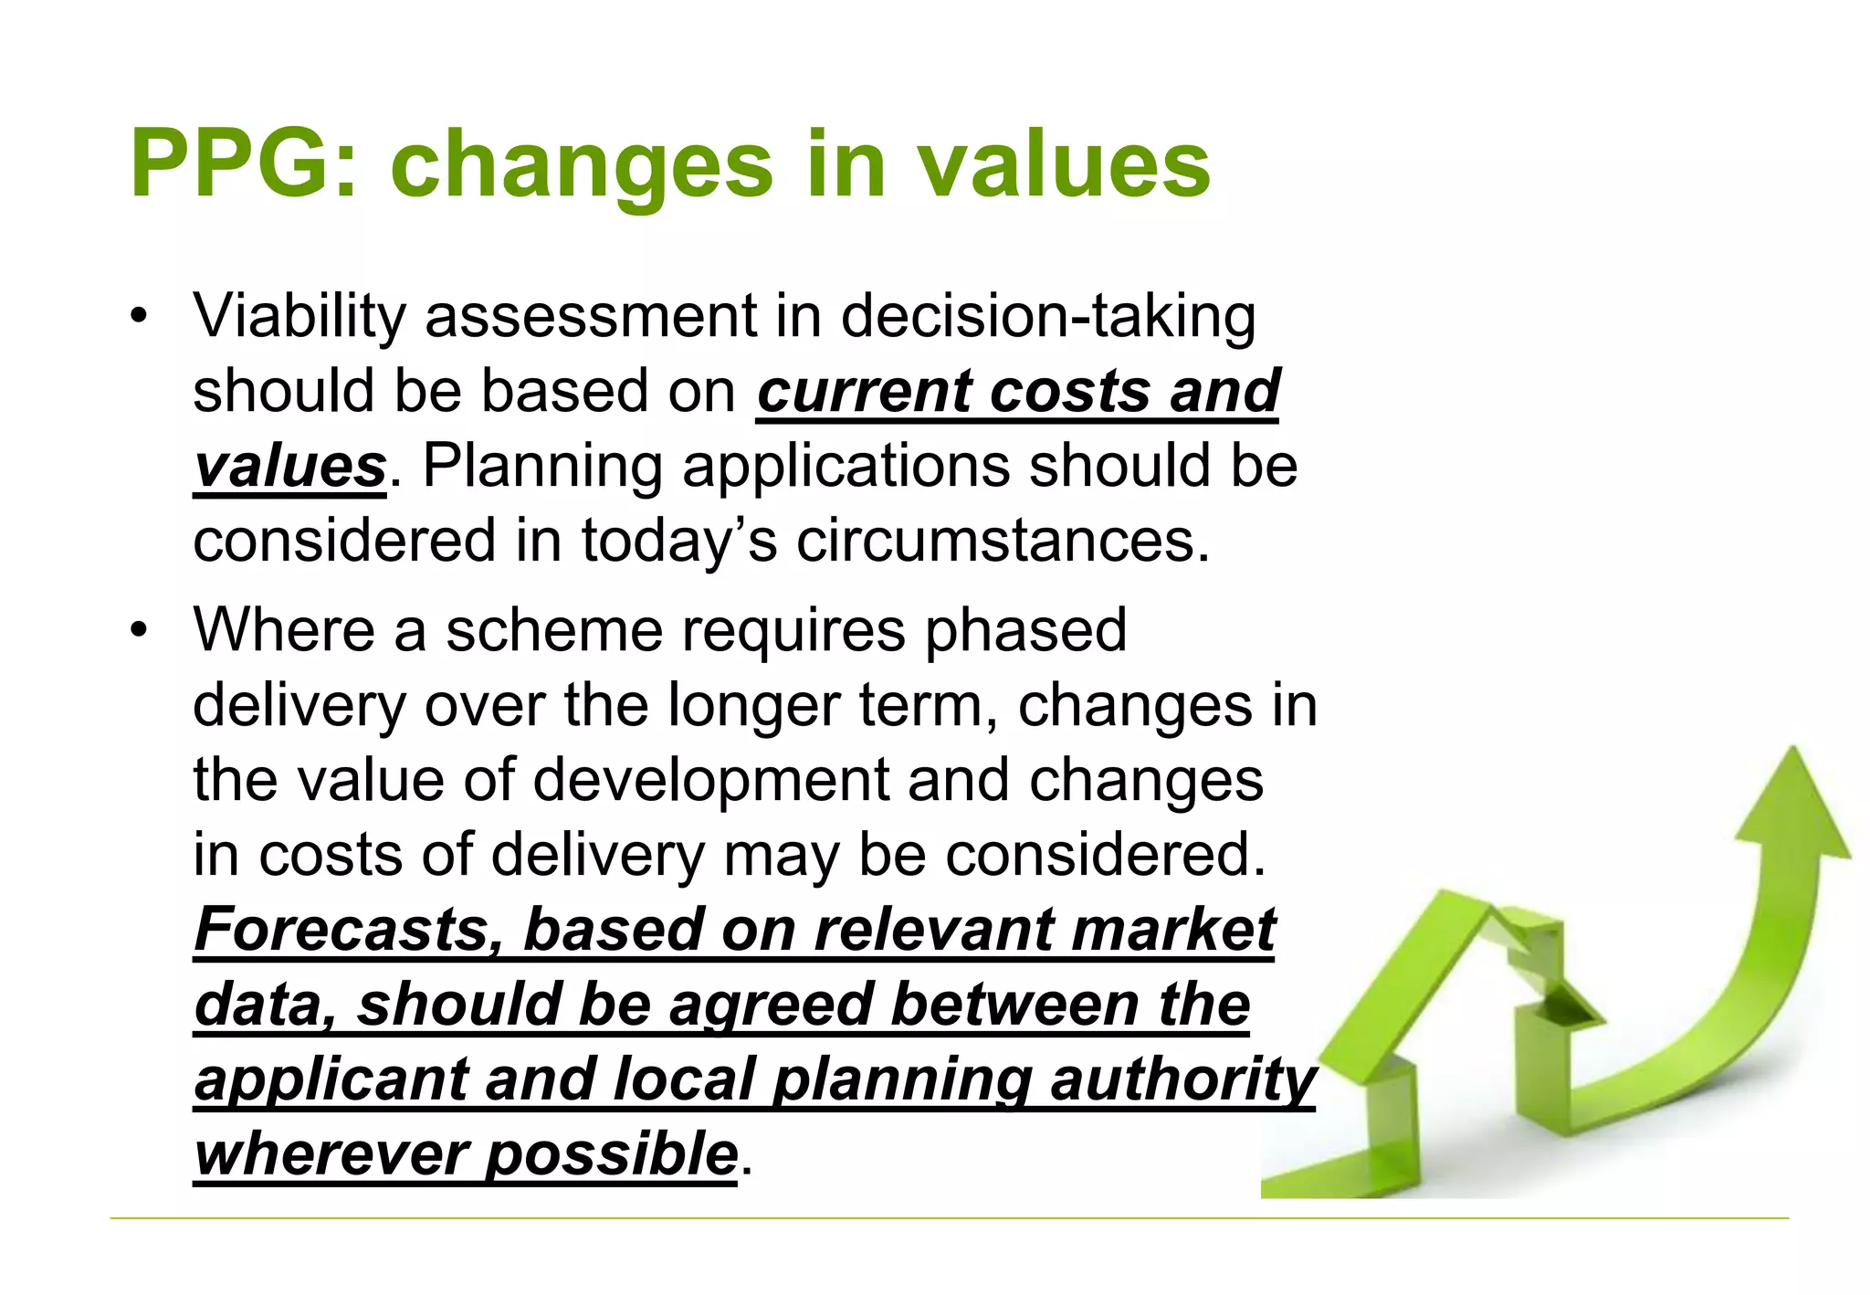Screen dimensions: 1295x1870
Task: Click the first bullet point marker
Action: coord(138,317)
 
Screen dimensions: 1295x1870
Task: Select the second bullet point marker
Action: coord(138,631)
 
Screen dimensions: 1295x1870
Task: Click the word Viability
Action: coord(299,317)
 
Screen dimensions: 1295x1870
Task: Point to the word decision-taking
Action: coord(1047,317)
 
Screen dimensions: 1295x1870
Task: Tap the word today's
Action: coord(678,541)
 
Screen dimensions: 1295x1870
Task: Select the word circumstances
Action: coord(1002,541)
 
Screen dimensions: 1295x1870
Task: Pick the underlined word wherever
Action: coord(331,1155)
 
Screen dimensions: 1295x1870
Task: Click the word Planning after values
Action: coord(542,467)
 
